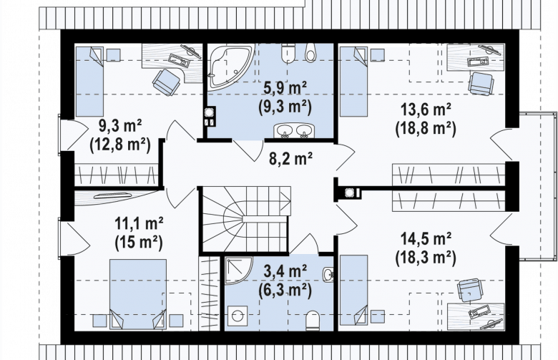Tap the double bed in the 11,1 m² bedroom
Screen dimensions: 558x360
tap(138, 294)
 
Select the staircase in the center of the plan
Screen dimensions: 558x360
tap(245, 219)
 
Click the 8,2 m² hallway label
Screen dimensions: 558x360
tap(290, 158)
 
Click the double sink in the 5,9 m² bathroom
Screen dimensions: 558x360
tap(293, 131)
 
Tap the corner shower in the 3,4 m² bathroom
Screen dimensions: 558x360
tap(238, 271)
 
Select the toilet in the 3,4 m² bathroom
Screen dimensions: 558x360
tap(313, 320)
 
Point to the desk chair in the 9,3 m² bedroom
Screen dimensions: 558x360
tap(166, 82)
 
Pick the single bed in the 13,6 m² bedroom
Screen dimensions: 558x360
tap(353, 82)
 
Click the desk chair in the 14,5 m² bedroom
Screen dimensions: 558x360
tap(470, 289)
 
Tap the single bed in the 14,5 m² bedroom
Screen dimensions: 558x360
tap(353, 290)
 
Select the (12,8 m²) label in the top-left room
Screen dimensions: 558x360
tap(120, 145)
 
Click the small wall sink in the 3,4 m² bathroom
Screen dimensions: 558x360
tap(328, 274)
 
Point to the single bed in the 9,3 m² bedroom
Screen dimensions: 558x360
tap(89, 82)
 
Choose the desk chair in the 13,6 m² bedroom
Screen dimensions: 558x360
tap(481, 84)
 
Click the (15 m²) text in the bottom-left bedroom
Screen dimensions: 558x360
tap(139, 243)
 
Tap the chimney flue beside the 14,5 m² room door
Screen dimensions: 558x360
tap(349, 193)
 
